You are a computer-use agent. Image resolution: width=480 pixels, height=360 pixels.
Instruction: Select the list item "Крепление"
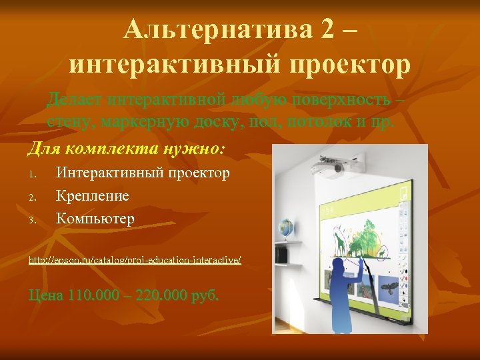[93, 196]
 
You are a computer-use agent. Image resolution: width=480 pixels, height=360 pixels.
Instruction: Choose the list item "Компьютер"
[95, 218]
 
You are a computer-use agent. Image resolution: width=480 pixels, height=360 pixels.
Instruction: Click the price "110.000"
[91, 295]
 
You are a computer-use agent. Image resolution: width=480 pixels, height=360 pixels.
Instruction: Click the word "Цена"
[45, 295]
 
